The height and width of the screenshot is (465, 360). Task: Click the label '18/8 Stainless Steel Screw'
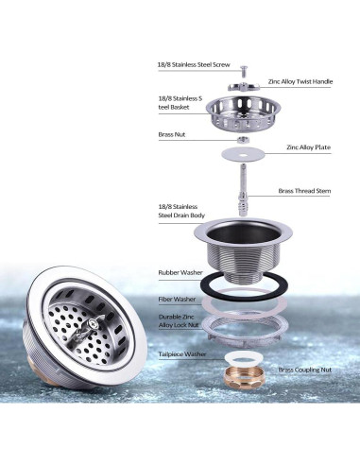[x=194, y=65]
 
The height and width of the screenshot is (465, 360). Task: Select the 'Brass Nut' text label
[x=172, y=135]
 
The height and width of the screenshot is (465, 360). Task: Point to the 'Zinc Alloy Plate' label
[x=308, y=148]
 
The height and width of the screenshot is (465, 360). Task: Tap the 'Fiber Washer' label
[x=178, y=300]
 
